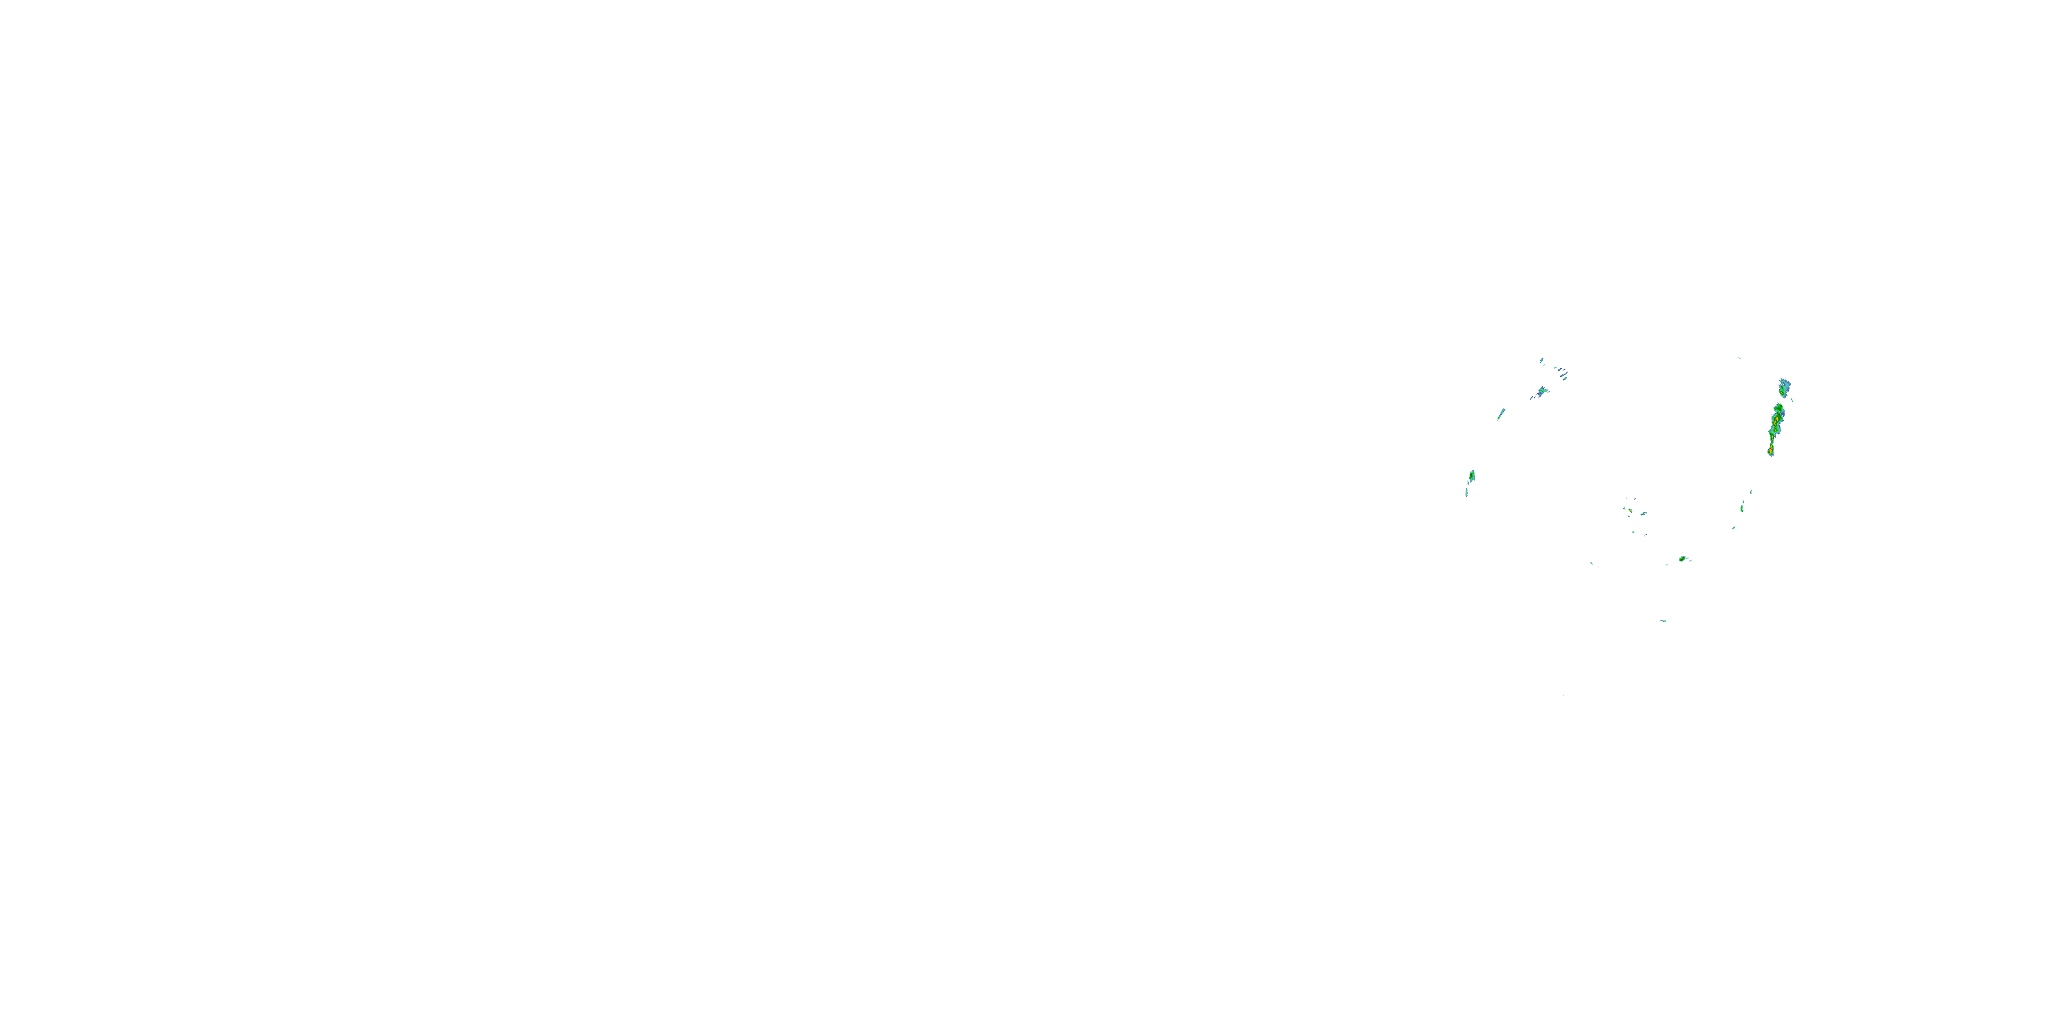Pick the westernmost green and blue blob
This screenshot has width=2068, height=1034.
(x=1472, y=476)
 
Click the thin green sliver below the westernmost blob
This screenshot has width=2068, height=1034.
(x=1467, y=492)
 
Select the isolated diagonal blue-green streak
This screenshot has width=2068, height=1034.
(x=1501, y=414)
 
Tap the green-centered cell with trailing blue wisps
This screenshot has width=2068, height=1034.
(x=1542, y=392)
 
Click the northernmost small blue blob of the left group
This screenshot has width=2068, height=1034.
(x=1542, y=361)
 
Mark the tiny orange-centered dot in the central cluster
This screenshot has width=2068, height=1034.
(x=1629, y=511)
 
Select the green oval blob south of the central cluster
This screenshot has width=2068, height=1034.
(x=1683, y=559)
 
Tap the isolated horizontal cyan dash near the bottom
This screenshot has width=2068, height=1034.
(x=1663, y=620)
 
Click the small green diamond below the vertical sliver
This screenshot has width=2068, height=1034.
(x=1734, y=527)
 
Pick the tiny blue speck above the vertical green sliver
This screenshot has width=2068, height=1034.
(x=1751, y=491)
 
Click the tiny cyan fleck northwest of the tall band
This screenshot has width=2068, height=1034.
(x=1740, y=358)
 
